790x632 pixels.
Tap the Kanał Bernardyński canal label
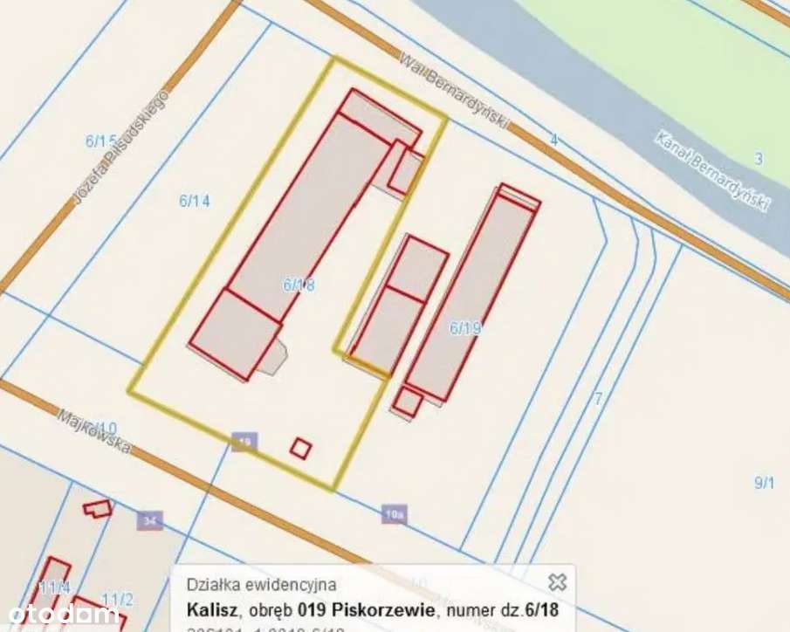click(711, 171)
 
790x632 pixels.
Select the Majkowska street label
click(94, 431)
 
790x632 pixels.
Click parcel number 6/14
click(195, 201)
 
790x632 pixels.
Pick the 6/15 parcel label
click(100, 140)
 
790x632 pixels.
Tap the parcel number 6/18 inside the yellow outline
click(299, 284)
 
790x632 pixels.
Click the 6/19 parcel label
click(465, 328)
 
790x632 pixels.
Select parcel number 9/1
click(764, 482)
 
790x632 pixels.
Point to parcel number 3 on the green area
click(759, 158)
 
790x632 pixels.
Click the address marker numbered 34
click(150, 521)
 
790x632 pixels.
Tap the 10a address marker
click(395, 514)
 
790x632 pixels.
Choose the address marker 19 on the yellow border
click(245, 443)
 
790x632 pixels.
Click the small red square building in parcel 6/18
click(301, 448)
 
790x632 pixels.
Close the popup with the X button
click(557, 581)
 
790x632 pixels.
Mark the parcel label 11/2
click(117, 599)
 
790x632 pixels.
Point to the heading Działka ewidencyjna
click(260, 585)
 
